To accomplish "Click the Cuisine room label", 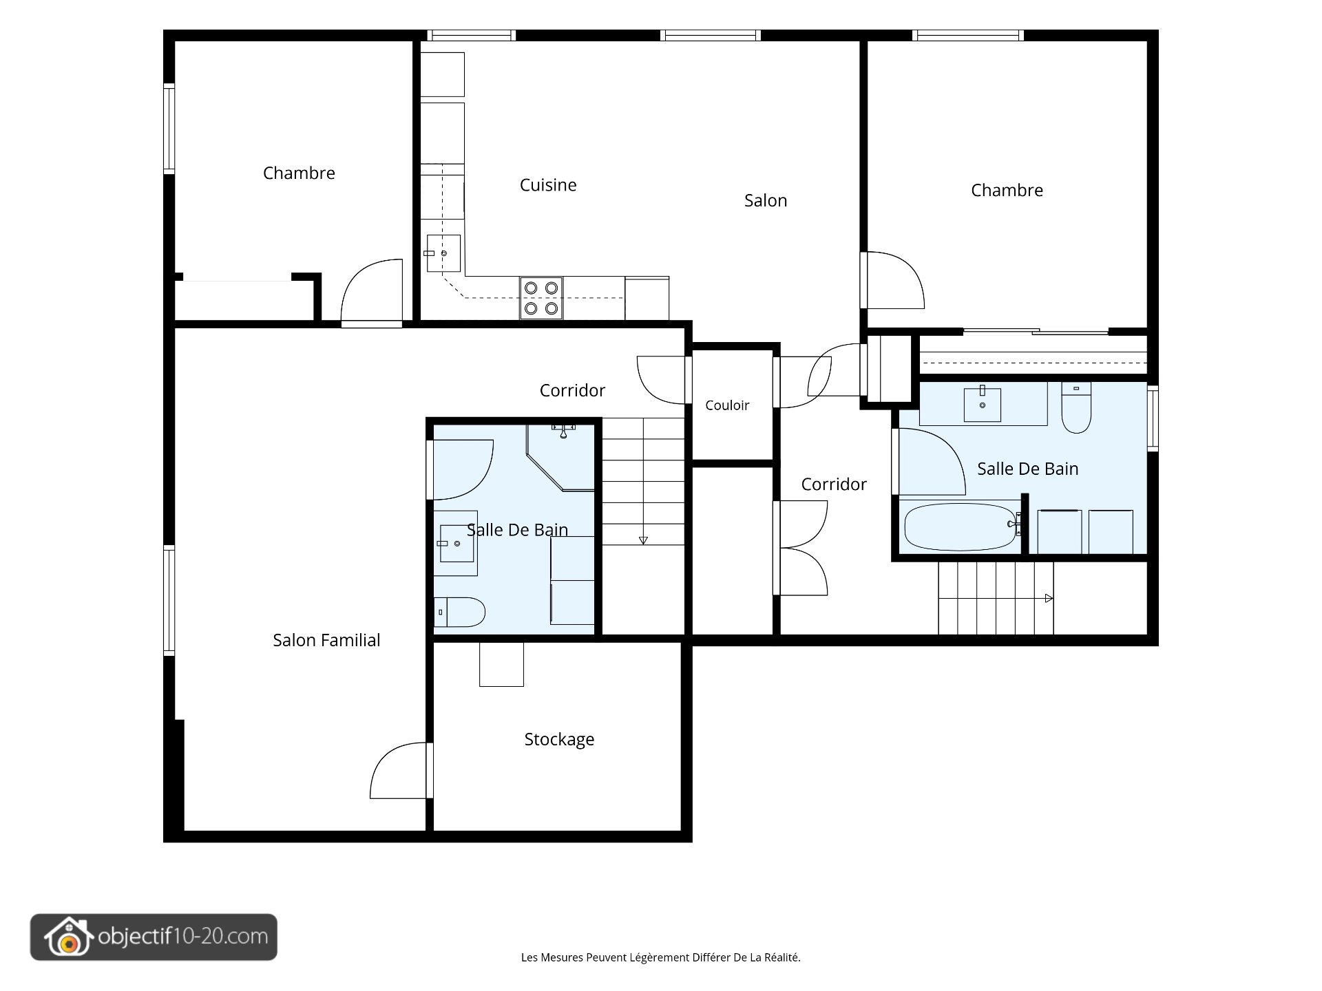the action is (548, 184).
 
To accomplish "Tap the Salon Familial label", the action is (326, 640).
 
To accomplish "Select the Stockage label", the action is (559, 739).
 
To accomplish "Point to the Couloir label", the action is (727, 405).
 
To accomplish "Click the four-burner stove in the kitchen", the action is (541, 298).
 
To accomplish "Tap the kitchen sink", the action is (443, 253).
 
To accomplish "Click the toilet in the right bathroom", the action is (1076, 407).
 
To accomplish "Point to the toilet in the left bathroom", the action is (459, 612).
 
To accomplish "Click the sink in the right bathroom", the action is (983, 404).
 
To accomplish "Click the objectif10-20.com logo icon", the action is (68, 937).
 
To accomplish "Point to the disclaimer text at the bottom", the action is (661, 957).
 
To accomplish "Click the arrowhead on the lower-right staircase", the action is (1049, 598).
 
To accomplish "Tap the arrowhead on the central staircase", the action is (643, 540).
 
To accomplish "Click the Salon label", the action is (766, 200).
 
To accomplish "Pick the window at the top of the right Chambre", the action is (967, 35).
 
